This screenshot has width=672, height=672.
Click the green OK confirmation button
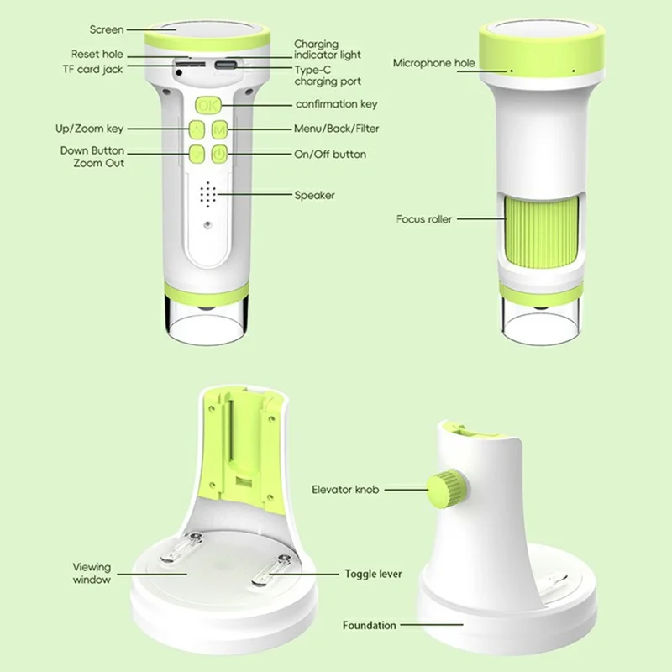(208, 105)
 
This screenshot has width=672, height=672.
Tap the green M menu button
(219, 129)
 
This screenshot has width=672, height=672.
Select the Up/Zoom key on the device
(197, 129)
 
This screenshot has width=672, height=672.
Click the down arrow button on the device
(197, 154)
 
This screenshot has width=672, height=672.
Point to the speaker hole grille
(208, 194)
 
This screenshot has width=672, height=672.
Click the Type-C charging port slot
(225, 66)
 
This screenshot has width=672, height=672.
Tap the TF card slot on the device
(190, 64)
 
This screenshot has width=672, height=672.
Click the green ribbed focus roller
(541, 232)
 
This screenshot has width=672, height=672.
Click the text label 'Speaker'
(314, 196)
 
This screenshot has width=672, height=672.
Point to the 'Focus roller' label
(424, 219)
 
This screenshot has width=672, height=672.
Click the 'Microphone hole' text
(434, 64)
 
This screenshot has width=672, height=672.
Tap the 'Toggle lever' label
(373, 574)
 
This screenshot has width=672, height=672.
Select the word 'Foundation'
(370, 625)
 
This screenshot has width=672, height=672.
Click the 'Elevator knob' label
(345, 490)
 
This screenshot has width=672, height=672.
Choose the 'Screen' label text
(107, 29)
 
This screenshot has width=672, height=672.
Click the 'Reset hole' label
(97, 55)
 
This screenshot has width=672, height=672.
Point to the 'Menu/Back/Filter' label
(337, 129)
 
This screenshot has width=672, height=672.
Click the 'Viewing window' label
(92, 574)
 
